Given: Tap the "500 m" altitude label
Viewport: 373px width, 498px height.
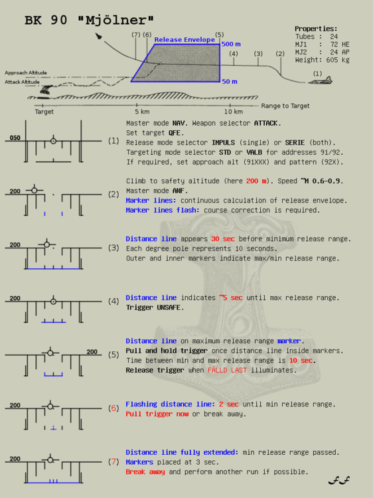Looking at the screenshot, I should (231, 44).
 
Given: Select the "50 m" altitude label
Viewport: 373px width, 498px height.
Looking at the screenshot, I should (230, 81).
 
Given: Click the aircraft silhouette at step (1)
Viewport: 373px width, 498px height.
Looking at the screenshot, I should (321, 80).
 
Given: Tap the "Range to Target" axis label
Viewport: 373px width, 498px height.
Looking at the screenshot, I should (285, 106).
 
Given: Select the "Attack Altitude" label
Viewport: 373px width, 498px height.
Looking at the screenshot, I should (22, 82).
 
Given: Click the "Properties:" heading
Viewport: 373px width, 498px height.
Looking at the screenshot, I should (316, 29).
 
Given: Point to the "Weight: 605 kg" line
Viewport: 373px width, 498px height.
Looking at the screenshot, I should (323, 60).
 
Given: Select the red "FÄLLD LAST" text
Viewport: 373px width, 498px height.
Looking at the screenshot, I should (229, 370).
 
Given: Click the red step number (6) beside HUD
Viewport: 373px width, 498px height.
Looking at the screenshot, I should (113, 408).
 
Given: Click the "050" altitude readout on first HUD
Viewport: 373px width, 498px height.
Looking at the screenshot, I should (15, 139).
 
